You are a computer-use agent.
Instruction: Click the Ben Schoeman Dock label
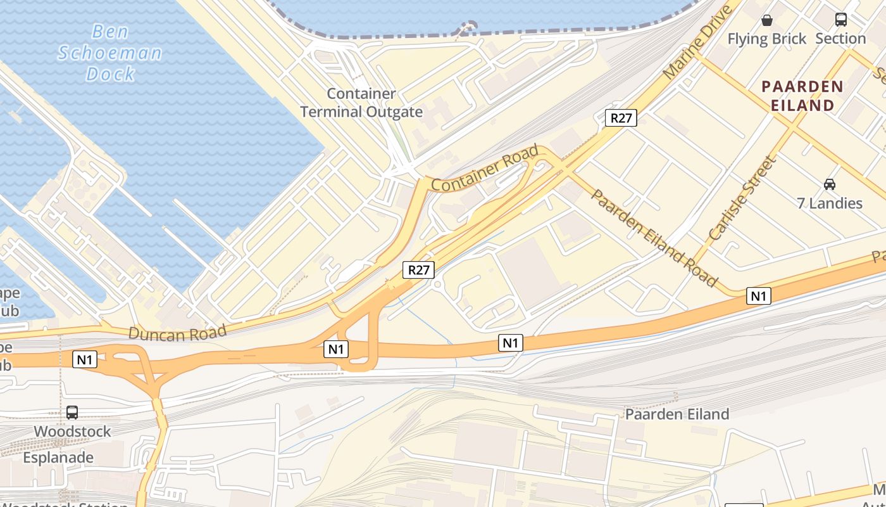[x=110, y=53]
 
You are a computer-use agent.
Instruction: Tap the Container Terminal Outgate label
[x=361, y=103]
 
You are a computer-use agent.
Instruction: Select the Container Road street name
[x=485, y=168]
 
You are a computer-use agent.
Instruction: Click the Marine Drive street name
[x=698, y=42]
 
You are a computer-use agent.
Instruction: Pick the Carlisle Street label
[x=742, y=198]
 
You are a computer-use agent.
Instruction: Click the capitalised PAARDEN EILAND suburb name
[x=802, y=96]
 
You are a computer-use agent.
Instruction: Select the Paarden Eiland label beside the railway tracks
[x=677, y=414]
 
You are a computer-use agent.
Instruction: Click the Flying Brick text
[x=766, y=39]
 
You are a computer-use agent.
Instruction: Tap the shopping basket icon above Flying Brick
[x=767, y=20]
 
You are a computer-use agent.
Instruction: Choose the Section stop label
[x=840, y=39]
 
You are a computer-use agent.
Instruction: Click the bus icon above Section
[x=840, y=20]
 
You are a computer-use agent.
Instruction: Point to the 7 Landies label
[x=829, y=203]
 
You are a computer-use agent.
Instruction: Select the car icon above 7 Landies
[x=829, y=184]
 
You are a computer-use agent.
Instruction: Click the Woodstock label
[x=72, y=432]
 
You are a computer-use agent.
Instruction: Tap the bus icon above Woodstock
[x=72, y=413]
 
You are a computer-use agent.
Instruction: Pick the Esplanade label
[x=58, y=458]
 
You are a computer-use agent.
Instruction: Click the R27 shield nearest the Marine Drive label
[x=620, y=118]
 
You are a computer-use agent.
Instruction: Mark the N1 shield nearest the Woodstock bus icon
[x=85, y=360]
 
